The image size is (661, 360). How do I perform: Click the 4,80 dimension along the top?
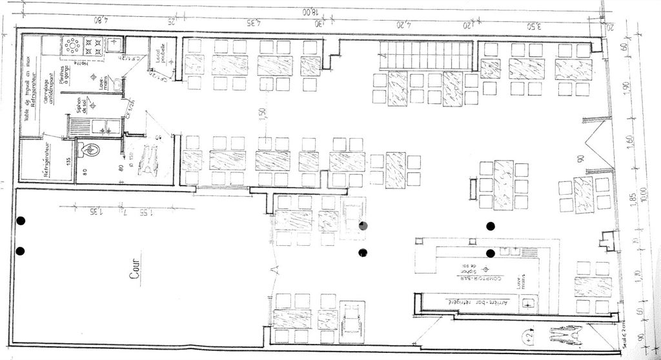pyautogui.click(x=100, y=20)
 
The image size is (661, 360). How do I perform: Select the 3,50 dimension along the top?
pyautogui.click(x=533, y=26)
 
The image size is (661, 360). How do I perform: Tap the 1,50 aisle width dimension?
pyautogui.click(x=262, y=111)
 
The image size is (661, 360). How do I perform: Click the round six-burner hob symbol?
pyautogui.click(x=72, y=46)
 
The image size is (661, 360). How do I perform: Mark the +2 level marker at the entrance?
pyautogui.click(x=529, y=335)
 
